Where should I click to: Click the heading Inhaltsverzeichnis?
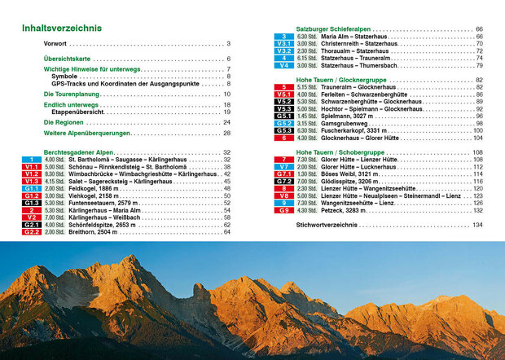(x=62, y=29)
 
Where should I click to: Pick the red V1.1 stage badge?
(x=31, y=166)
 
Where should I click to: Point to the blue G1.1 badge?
(x=31, y=188)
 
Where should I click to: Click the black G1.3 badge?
(x=31, y=203)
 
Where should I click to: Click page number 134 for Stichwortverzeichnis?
(x=477, y=224)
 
